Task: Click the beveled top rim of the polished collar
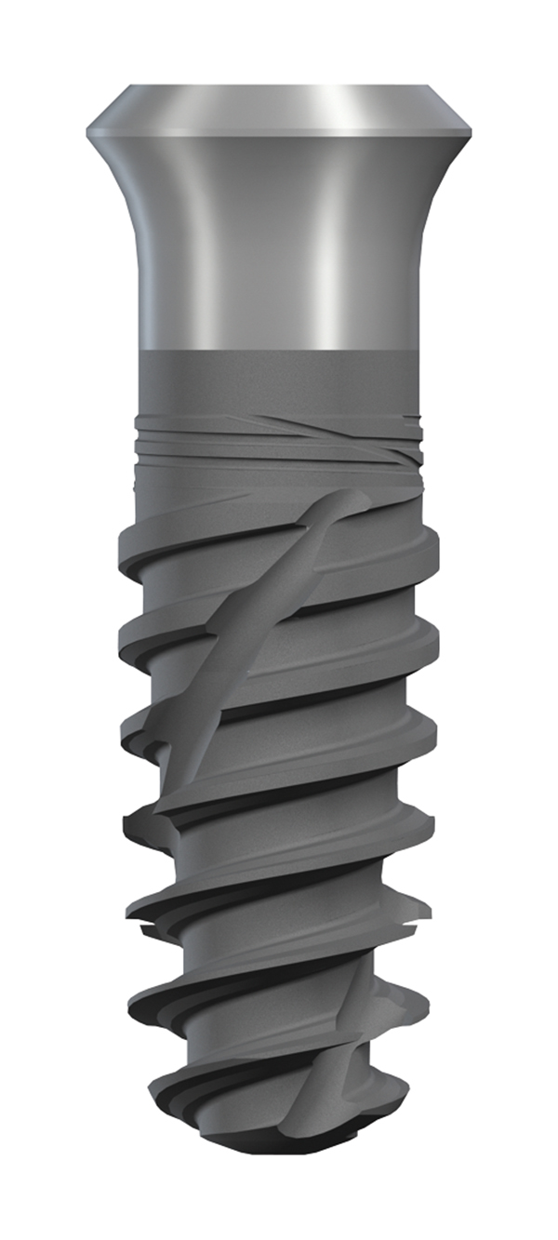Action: [279, 107]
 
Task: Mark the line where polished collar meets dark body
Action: [279, 351]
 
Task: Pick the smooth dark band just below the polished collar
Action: [279, 381]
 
